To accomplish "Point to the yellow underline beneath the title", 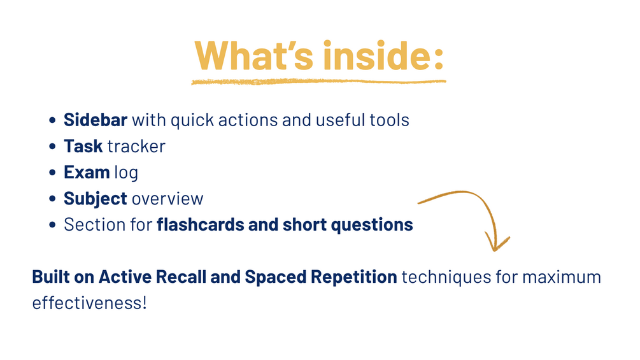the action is coord(318,82).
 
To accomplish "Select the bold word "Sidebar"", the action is coord(96,120).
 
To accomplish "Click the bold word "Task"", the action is coord(83,146).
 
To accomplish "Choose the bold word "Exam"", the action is coord(87,172).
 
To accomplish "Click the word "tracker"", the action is coord(136,147).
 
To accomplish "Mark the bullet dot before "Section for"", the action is coord(52,225).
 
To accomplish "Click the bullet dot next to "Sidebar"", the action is coord(52,120).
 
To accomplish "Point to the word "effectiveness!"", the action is coord(89,303).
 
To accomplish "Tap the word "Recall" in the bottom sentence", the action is coord(181,277).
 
